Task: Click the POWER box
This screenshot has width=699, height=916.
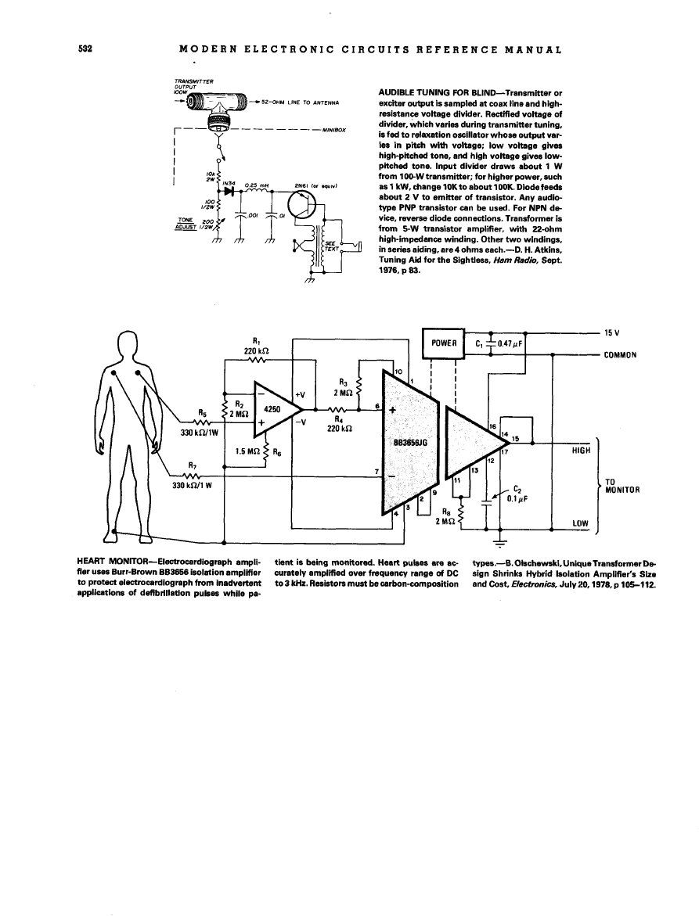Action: (x=443, y=342)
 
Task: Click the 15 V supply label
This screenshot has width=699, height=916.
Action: (x=613, y=332)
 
